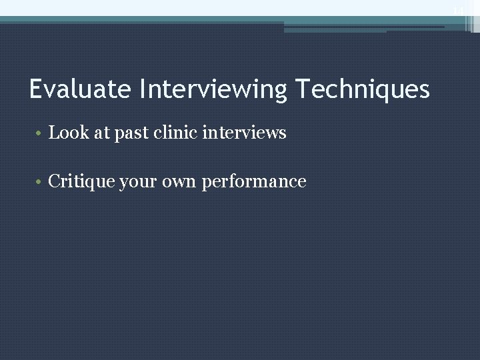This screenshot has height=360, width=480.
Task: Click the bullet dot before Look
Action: pos(40,133)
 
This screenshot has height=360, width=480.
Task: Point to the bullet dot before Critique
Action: pos(40,182)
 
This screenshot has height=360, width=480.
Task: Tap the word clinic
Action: pos(175,133)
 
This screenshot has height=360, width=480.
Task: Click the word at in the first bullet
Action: pos(102,133)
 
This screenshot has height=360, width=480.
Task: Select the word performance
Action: pos(254,182)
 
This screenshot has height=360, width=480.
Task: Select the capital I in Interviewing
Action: pos(142,89)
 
